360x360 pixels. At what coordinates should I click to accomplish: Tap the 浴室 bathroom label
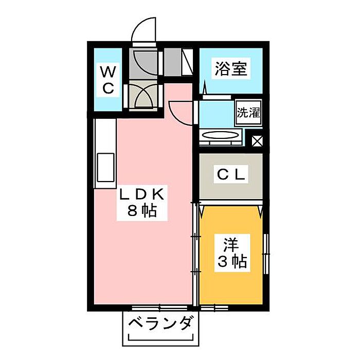(x=231, y=69)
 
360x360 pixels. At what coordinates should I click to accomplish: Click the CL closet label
(x=231, y=175)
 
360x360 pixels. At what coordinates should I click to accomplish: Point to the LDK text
(x=142, y=194)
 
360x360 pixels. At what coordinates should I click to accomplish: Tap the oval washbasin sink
(x=221, y=136)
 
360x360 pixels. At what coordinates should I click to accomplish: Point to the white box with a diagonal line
(x=187, y=62)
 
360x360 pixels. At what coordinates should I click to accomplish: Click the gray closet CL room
(x=231, y=177)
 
